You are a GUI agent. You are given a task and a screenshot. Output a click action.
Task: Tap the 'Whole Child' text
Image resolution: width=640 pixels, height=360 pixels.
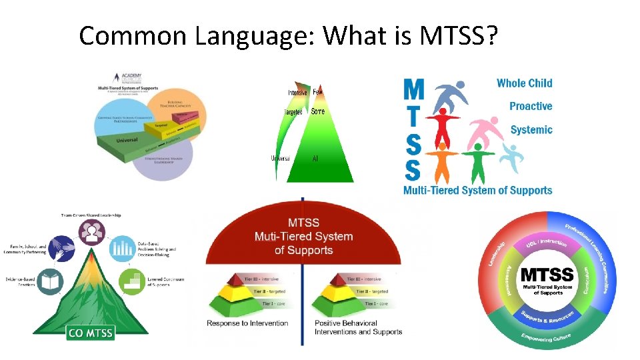coord(525,83)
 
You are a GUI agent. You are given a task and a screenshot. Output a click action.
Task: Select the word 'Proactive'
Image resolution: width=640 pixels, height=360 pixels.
coord(531,107)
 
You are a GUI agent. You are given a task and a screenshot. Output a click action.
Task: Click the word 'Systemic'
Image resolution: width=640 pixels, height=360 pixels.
coord(531,130)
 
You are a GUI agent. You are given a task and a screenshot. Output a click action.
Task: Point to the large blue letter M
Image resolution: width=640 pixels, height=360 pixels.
coord(414,90)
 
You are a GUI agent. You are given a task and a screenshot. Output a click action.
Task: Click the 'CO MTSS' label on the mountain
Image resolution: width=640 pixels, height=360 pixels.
coord(90,332)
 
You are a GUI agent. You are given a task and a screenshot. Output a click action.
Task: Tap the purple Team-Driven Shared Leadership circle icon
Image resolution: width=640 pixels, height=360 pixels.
coord(91,232)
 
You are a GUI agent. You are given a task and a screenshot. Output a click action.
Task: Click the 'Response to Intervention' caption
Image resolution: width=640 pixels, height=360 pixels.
coord(247,323)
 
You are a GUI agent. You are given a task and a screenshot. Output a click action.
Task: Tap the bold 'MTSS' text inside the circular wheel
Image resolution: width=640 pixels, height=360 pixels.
coord(547,275)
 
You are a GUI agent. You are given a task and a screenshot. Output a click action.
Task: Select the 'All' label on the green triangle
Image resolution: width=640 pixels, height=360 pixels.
coord(315,159)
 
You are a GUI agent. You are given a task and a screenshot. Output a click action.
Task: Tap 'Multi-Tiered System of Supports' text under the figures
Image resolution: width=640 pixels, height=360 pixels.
coord(477,190)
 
